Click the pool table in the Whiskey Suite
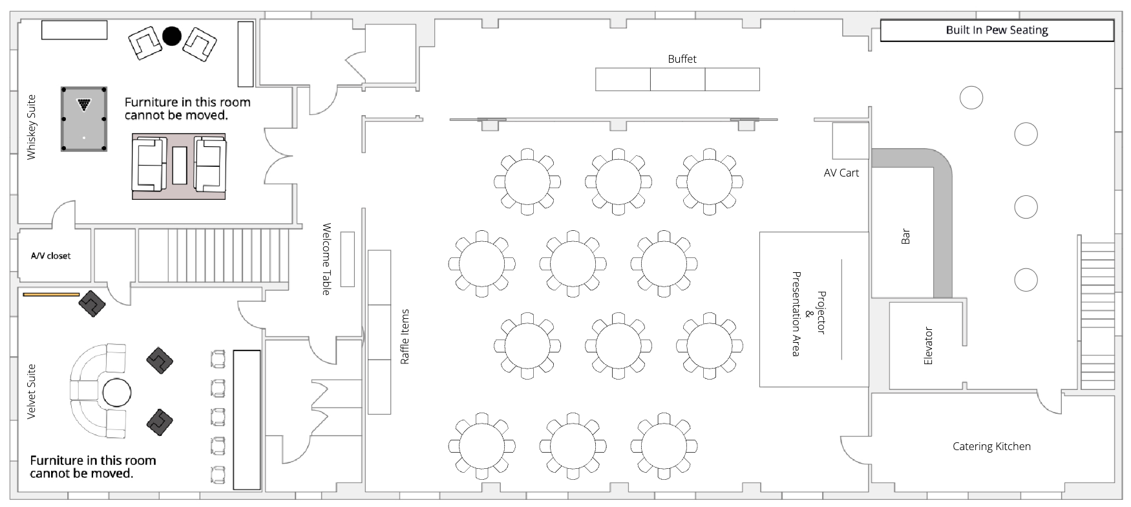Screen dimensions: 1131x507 [x=84, y=119]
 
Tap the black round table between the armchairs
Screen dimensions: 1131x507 [x=171, y=36]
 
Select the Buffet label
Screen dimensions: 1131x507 [x=682, y=59]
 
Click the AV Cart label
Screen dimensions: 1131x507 [x=841, y=173]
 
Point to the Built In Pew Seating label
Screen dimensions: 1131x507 [x=997, y=30]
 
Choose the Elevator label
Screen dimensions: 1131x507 [x=928, y=345]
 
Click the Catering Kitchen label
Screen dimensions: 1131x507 [x=991, y=446]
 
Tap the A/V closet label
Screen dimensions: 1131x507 [x=50, y=256]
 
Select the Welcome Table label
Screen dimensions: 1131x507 [x=326, y=259]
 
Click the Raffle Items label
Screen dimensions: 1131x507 [x=405, y=336]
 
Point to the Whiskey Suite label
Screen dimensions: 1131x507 [x=31, y=127]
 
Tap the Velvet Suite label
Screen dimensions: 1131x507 [x=31, y=391]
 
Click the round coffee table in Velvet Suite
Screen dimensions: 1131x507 [x=117, y=392]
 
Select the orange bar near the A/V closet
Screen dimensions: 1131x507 [x=51, y=294]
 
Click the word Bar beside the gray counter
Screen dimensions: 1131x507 [x=905, y=236]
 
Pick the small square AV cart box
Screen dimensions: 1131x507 [x=851, y=140]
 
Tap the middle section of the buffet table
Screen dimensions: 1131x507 [x=677, y=79]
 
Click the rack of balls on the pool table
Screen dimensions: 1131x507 [x=84, y=103]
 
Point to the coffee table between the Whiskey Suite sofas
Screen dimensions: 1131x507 [x=179, y=166]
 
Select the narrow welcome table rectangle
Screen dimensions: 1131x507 [x=348, y=259]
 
